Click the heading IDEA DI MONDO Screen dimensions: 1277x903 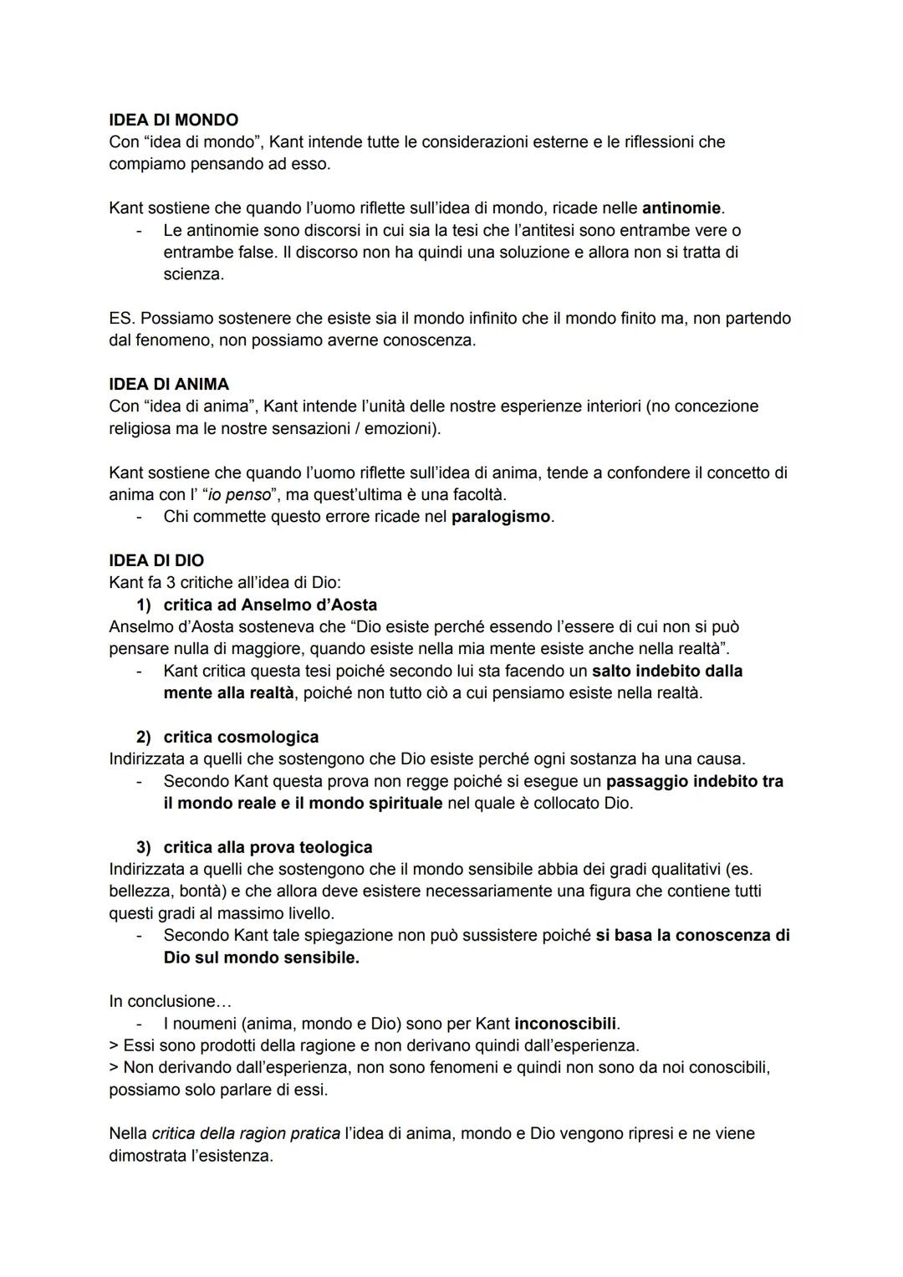tap(173, 120)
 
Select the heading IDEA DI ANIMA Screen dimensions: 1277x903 tap(168, 384)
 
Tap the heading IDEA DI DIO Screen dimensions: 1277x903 tap(156, 560)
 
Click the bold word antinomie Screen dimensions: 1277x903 tap(681, 207)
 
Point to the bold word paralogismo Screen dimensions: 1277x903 tap(501, 517)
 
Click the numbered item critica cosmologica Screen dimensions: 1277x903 tap(241, 737)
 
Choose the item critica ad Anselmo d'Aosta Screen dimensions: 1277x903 tap(270, 605)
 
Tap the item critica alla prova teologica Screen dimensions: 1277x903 tap(268, 847)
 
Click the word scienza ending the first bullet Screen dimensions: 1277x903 tap(193, 274)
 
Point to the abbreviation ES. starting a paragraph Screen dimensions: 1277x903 tap(122, 319)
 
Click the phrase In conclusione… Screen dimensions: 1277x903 tap(171, 1001)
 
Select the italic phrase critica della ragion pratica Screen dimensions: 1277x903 tap(246, 1134)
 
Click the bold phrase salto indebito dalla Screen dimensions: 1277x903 tap(667, 671)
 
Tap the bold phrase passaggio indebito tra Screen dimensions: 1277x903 tap(694, 781)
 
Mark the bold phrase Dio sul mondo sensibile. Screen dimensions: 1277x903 tap(261, 958)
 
